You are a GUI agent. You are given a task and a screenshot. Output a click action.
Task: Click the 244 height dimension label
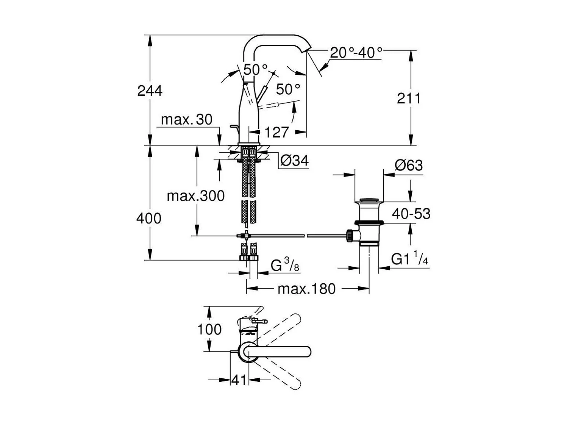pos(150,91)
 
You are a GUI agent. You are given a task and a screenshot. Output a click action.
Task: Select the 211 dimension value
pos(409,98)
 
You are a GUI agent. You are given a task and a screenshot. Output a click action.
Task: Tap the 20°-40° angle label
pos(356,52)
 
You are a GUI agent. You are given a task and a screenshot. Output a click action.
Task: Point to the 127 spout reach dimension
pos(276,132)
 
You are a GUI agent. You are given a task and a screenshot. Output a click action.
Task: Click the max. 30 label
pos(186,120)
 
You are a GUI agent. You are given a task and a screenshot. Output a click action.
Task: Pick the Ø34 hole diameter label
pos(294,161)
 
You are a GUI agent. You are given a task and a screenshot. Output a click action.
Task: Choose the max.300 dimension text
pos(196,196)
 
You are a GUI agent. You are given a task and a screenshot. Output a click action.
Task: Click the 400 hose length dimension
pos(149,219)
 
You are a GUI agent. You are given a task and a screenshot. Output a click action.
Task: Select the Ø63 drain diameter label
pos(408,165)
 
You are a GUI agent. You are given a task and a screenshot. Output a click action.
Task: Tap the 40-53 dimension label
pos(411,214)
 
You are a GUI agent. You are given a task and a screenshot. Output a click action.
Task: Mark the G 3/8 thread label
pos(285,265)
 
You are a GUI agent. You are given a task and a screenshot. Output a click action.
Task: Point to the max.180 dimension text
pos(306,289)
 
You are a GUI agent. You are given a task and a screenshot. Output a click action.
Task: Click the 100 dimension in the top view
pos(209,329)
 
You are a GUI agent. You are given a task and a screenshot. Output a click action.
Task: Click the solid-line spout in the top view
pos(280,352)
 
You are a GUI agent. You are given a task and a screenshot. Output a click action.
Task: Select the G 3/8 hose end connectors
pos(248,253)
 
